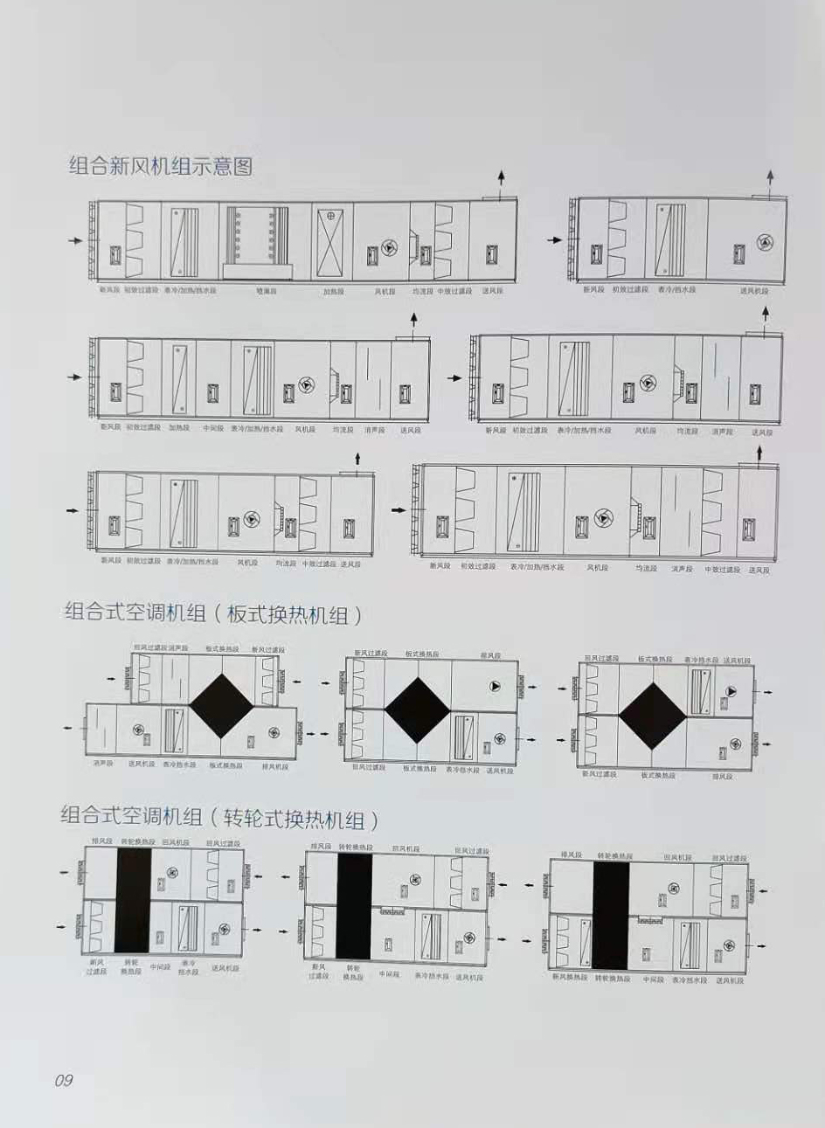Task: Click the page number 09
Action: click(64, 1080)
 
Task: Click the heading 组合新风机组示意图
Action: click(160, 166)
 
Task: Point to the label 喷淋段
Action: click(266, 291)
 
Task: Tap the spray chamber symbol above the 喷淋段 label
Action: click(260, 234)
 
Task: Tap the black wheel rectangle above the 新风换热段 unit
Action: click(610, 913)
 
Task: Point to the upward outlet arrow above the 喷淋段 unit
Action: click(502, 178)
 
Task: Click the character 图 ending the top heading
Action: click(243, 166)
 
